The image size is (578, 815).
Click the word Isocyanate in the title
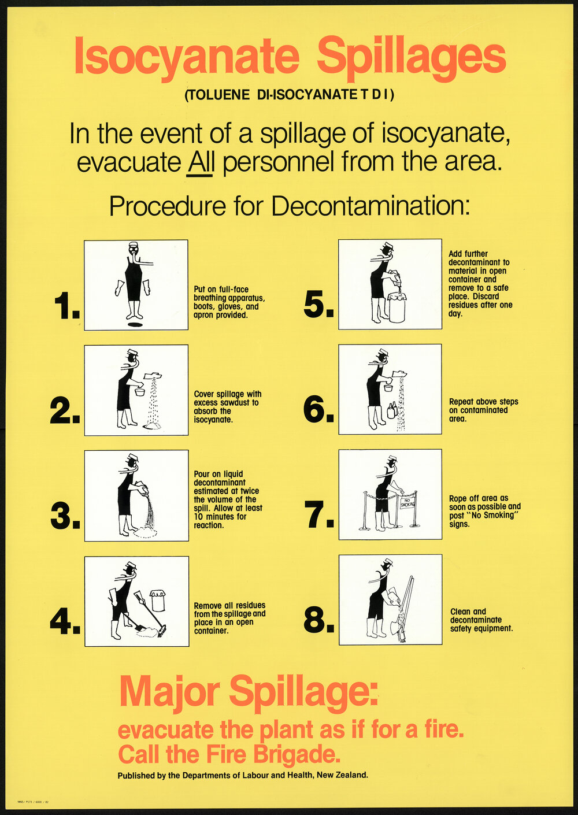pos(186,56)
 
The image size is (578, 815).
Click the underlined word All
pos(201,162)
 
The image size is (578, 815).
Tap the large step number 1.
pos(65,307)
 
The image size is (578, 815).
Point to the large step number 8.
pos(318,620)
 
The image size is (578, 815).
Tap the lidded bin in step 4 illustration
pos(157,601)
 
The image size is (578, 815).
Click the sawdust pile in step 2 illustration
pos(152,425)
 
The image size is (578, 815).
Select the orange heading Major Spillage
pos(248,691)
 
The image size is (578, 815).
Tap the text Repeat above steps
pos(483,401)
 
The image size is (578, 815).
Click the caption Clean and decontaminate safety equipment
pos(481,620)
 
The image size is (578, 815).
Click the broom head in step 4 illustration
pos(162,629)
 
